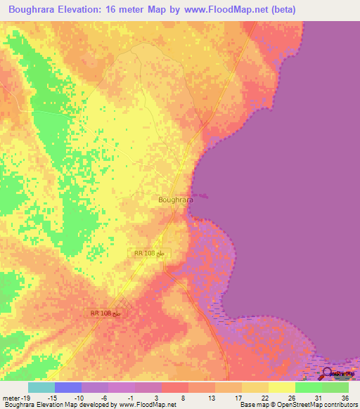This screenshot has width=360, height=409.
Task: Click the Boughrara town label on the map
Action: [176, 200]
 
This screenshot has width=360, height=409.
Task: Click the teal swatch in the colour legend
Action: [41, 387]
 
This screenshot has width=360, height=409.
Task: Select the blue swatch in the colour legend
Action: [68, 387]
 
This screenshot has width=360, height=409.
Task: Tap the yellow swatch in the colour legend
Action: [282, 387]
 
